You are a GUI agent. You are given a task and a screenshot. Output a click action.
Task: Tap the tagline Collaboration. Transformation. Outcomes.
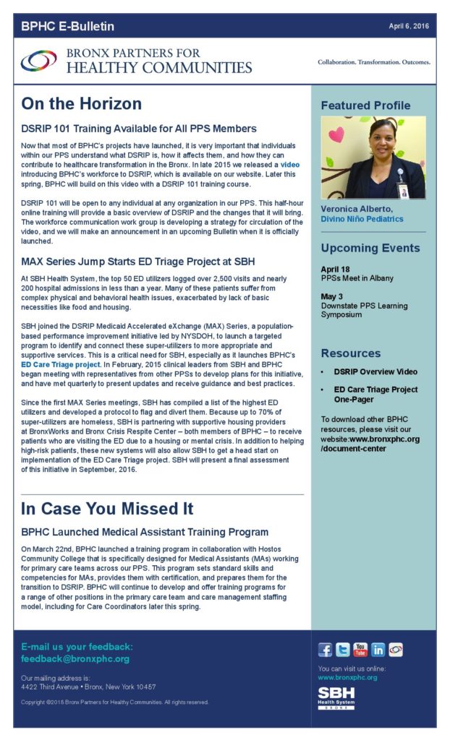pos(373,62)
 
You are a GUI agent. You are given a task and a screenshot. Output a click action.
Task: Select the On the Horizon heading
pos(81,104)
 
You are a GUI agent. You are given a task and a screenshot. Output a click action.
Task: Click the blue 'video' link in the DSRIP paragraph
pos(289,165)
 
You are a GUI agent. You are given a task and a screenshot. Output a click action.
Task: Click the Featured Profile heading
pos(365,106)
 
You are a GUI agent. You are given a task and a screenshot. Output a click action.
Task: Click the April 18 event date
pos(334,270)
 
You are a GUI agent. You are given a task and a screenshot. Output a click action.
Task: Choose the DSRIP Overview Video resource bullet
pos(375,371)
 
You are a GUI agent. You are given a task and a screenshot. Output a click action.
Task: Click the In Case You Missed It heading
pos(107,508)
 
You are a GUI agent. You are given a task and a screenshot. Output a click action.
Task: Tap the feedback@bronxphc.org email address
pos(75,659)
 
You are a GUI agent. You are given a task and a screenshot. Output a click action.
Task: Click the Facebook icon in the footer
pos(326,650)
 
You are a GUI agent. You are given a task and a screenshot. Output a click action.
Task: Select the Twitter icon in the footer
pos(343,650)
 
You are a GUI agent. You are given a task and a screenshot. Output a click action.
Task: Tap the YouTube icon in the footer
pos(360,650)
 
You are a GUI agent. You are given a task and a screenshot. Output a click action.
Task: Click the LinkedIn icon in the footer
pos(378,650)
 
